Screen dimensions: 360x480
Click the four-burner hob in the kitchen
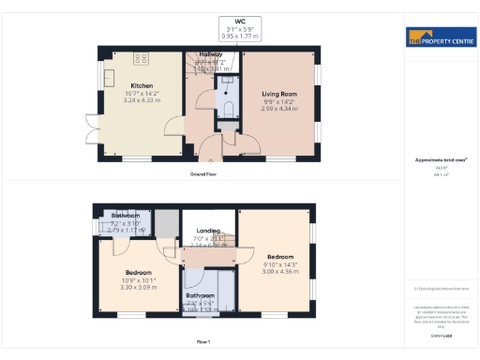pyautogui.click(x=142, y=59)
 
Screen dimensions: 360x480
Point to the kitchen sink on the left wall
pyautogui.click(x=108, y=77)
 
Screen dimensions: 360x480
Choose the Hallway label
pyautogui.click(x=210, y=54)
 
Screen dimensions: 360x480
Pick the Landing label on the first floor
pyautogui.click(x=207, y=231)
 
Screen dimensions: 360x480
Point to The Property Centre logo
pyautogui.click(x=441, y=39)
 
